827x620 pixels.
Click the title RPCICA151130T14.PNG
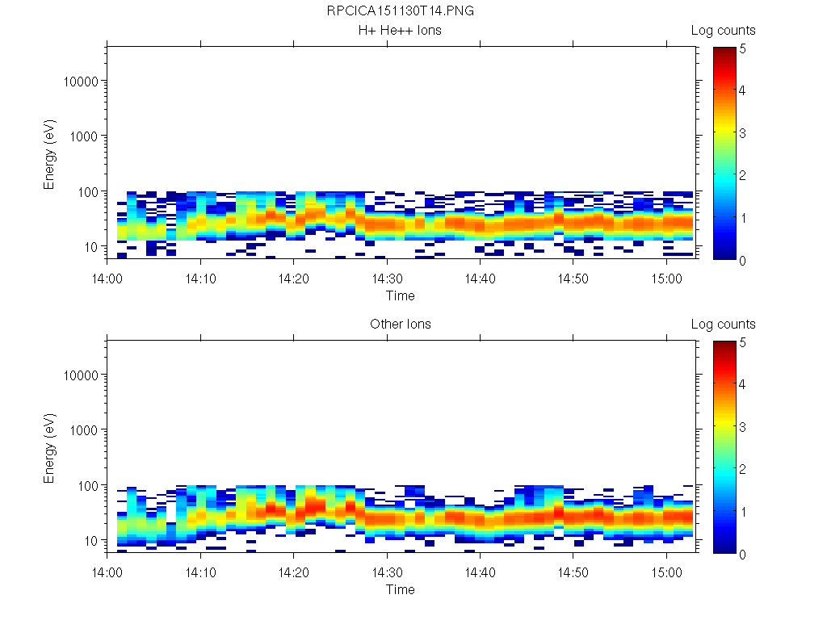401,12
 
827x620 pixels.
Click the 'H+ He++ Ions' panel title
401,31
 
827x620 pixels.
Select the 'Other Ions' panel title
401,325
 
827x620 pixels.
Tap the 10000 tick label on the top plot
79,82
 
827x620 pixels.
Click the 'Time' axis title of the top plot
401,295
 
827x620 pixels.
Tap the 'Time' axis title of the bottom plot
401,589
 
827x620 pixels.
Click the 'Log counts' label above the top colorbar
724,31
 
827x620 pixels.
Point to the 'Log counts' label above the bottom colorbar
724,325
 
